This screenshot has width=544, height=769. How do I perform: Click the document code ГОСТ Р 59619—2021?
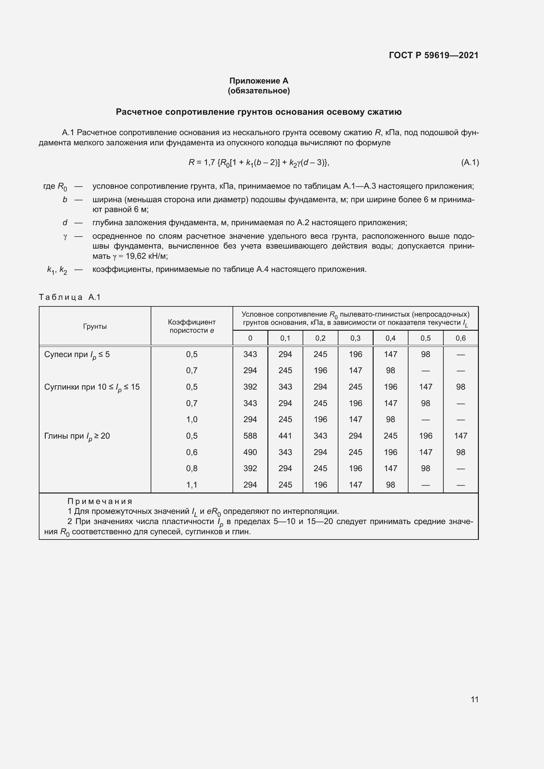(433, 55)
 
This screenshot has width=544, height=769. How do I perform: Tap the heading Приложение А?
(259, 81)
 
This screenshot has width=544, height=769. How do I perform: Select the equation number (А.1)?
(470, 162)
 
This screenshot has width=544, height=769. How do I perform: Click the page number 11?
(474, 699)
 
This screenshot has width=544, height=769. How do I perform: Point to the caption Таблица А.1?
(70, 297)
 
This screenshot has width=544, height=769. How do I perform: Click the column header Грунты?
(95, 326)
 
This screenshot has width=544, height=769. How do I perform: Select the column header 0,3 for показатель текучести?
(356, 338)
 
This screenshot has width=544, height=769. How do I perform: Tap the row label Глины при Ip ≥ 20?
(77, 436)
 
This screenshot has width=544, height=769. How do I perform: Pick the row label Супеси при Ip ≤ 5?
(77, 355)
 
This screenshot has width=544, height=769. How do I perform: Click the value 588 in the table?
(250, 436)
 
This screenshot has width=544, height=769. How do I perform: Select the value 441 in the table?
(285, 436)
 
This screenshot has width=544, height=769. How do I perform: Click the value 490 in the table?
(250, 452)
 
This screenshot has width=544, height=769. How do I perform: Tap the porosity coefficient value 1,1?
(192, 485)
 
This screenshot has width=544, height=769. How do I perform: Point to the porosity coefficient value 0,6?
(192, 452)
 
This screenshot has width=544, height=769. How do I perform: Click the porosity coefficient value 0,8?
(192, 468)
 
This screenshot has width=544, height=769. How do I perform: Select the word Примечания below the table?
(100, 501)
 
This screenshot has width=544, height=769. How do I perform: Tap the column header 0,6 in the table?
(460, 338)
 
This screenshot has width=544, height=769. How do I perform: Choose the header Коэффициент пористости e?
(192, 326)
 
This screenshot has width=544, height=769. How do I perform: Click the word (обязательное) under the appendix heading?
(259, 91)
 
